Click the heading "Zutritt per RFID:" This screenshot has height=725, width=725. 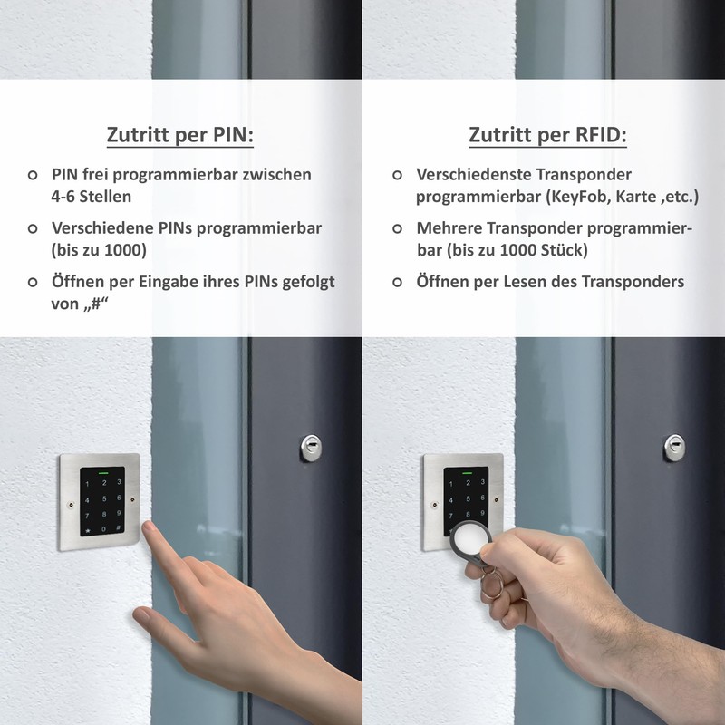point(547,136)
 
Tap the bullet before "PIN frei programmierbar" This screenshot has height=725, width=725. point(34,174)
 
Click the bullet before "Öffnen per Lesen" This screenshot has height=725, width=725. point(398,283)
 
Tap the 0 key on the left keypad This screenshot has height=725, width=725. point(104,528)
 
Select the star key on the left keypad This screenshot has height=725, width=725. point(88,528)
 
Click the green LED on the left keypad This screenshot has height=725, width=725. point(103,471)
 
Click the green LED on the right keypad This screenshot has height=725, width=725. point(469,471)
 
